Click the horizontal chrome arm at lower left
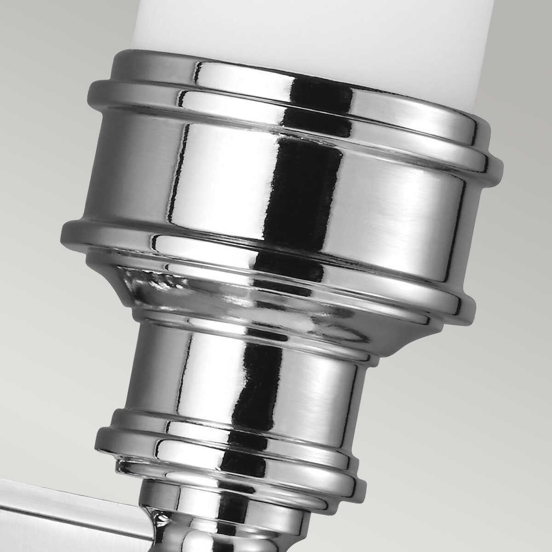click(69, 506)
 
